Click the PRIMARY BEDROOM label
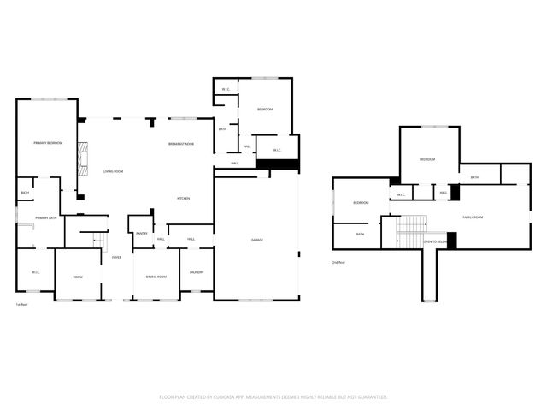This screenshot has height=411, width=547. coord(48,142)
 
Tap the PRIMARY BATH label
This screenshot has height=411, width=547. coord(46,219)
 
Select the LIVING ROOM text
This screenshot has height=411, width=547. coord(114,172)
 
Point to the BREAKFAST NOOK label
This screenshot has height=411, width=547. coord(180,143)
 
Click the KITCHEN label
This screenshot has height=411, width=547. coord(183,199)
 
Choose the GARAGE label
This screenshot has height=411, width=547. coord(256,240)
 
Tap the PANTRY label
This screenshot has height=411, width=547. coord(141,233)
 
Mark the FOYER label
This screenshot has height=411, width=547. coord(115,257)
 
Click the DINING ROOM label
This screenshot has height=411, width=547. coord(156,277)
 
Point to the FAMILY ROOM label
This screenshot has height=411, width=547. coord(473,217)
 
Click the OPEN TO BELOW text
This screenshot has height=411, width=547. coord(434,242)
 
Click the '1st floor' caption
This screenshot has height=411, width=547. coord(21,305)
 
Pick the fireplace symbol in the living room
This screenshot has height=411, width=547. coord(82,158)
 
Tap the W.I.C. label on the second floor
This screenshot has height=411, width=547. coord(401,194)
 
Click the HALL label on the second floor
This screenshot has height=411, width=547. coord(444,193)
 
